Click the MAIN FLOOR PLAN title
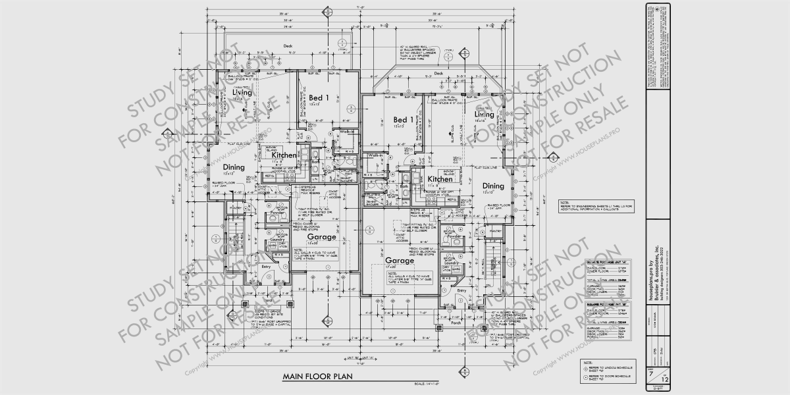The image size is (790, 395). (318, 377)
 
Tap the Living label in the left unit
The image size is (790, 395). (242, 93)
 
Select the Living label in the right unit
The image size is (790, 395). (484, 115)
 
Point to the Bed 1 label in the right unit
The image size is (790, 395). (403, 120)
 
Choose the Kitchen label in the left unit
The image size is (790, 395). (284, 155)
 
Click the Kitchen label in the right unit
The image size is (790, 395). (440, 179)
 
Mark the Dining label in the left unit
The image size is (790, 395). (233, 168)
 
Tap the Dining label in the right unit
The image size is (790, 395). (493, 186)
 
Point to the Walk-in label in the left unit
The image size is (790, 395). (348, 132)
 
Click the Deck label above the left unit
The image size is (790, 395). (288, 46)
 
